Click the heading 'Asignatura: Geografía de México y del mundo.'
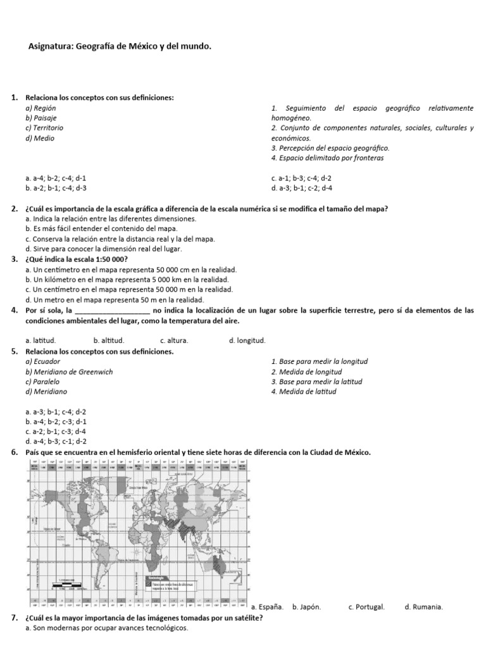coord(120,46)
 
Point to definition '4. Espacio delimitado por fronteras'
coord(327,158)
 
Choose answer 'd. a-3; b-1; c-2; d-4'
coord(302,188)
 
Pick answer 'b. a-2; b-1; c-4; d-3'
coord(56,188)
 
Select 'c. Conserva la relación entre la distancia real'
coord(120,239)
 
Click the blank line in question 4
coord(112,311)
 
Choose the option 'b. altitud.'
coord(109,340)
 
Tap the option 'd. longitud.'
coord(247,340)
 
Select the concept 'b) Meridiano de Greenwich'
coord(69,372)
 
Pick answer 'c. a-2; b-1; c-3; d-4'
coord(56,432)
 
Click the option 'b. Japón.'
coord(307,607)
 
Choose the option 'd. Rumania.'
coord(424,607)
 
